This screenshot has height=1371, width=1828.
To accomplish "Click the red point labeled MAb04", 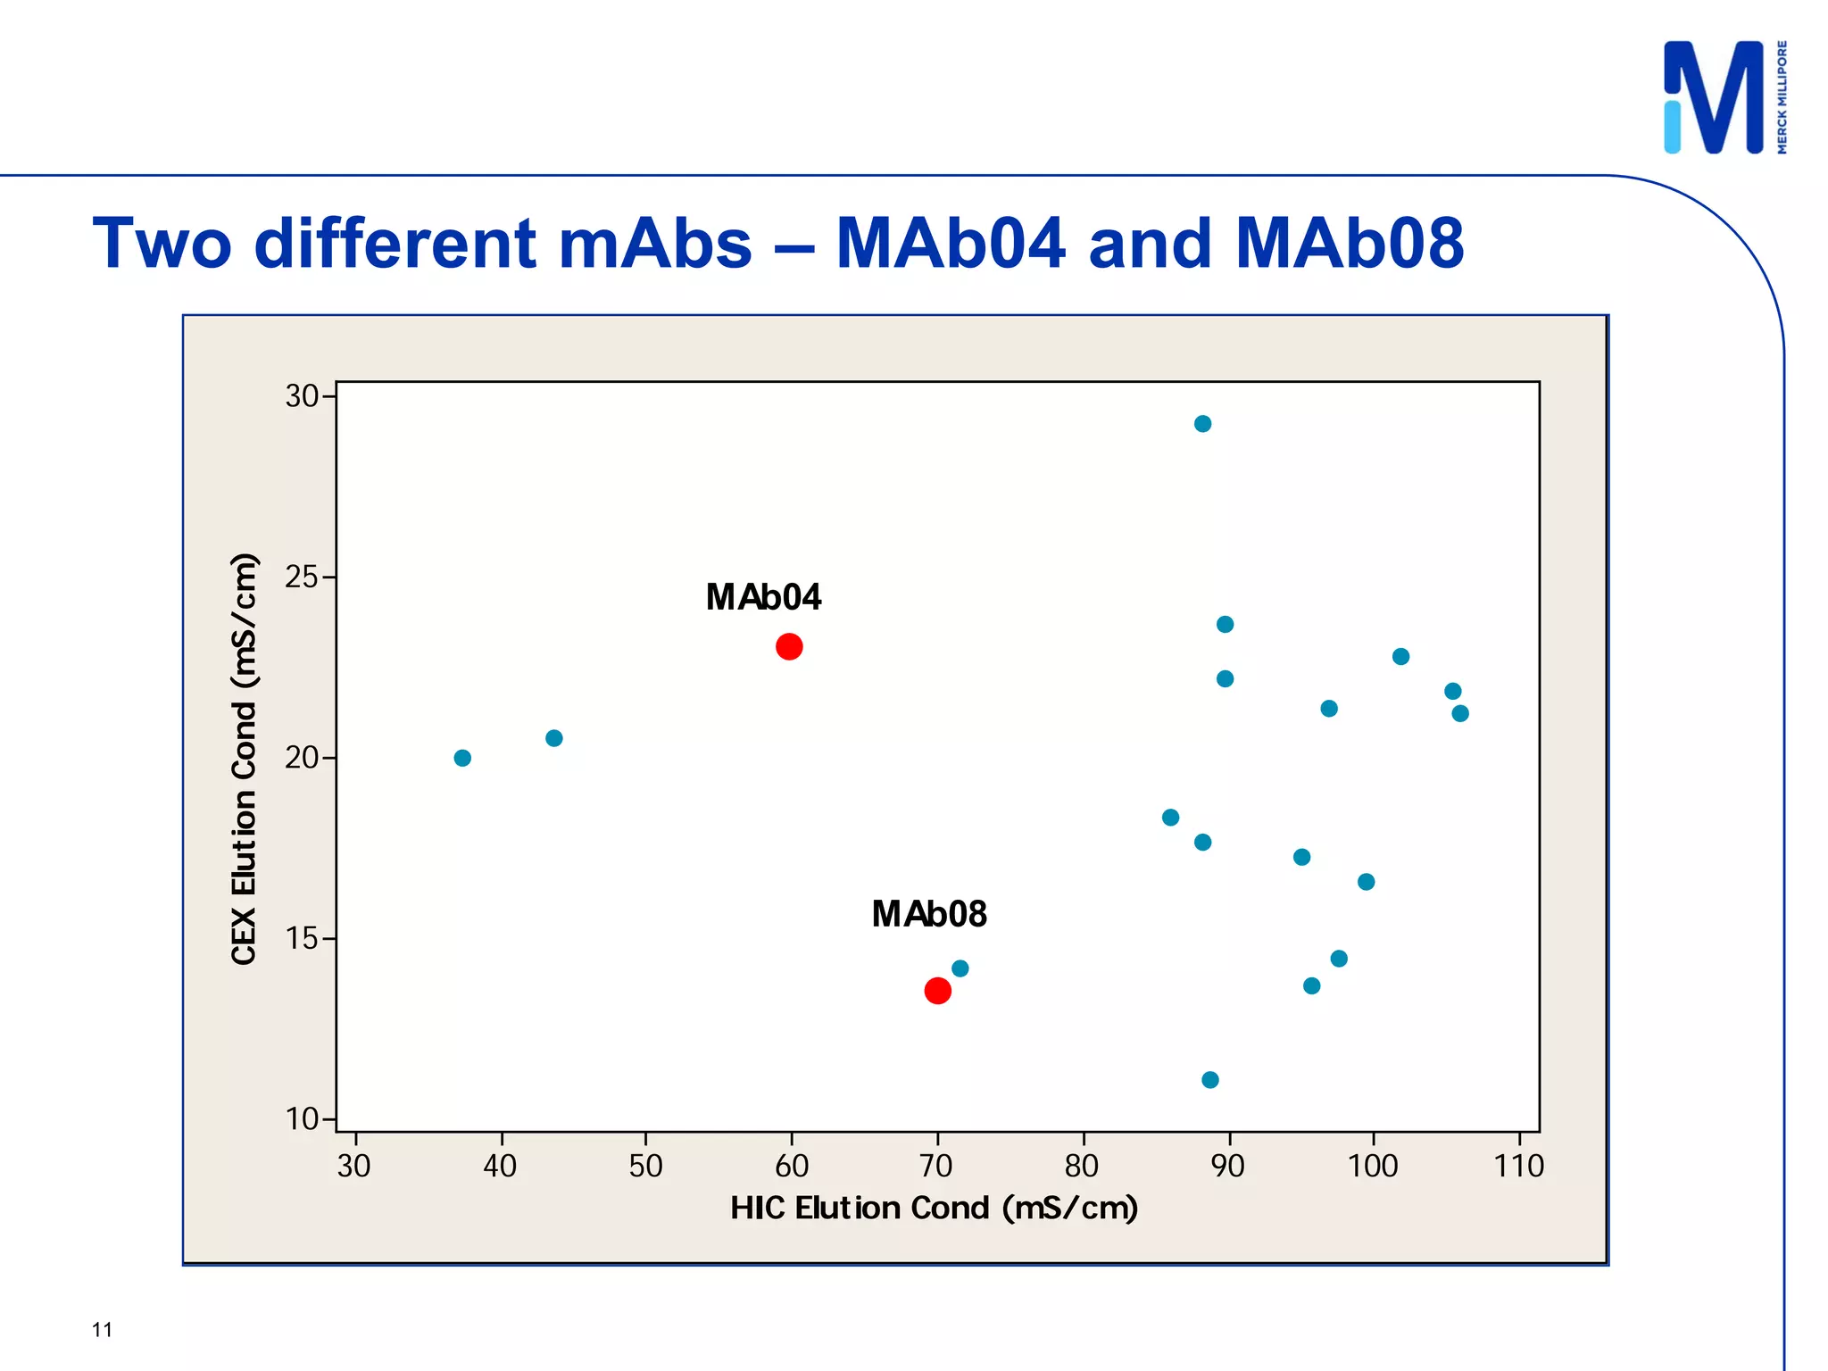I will (x=789, y=646).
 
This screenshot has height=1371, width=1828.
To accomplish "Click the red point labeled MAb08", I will (x=937, y=990).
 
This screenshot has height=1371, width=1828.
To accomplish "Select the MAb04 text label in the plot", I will (x=763, y=597).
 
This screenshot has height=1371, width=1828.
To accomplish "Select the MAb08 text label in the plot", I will (x=929, y=914).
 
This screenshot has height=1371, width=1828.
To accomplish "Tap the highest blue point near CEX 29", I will (x=1202, y=424).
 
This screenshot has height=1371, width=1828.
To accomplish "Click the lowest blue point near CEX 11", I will (x=1209, y=1080).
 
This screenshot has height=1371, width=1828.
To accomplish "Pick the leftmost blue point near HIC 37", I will (x=462, y=758).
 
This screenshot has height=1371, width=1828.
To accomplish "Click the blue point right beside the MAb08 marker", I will (x=960, y=968).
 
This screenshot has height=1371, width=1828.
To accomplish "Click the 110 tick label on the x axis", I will (x=1518, y=1166).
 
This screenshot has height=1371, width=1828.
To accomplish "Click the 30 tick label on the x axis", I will (x=354, y=1166).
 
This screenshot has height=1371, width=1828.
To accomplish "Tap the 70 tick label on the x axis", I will (x=936, y=1166).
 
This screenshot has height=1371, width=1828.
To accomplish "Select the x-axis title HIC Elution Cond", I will (x=934, y=1208).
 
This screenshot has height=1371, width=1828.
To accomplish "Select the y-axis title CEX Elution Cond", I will (x=244, y=759).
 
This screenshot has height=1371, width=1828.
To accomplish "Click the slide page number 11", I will (x=102, y=1330).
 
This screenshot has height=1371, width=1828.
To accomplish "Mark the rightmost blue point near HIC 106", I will (x=1460, y=713).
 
